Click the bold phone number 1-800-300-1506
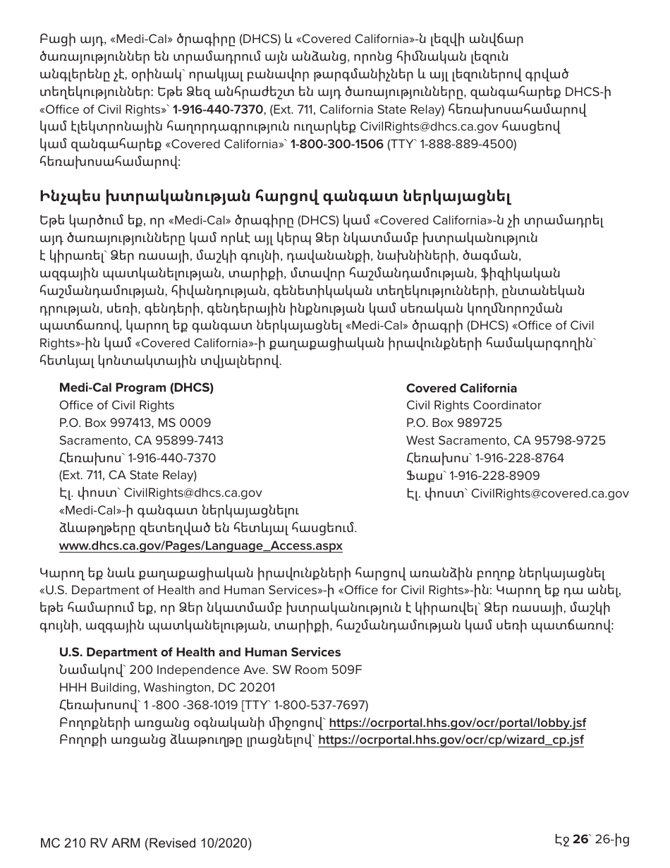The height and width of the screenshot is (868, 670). pyautogui.click(x=336, y=144)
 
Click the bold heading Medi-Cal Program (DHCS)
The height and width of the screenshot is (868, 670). pyautogui.click(x=136, y=387)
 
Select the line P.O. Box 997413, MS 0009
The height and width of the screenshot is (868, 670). pyautogui.click(x=135, y=423)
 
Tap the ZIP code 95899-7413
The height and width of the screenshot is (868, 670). pyautogui.click(x=193, y=440)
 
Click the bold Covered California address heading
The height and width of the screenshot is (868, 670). pyautogui.click(x=461, y=388)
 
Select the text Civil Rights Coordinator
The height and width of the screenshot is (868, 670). pyautogui.click(x=473, y=405)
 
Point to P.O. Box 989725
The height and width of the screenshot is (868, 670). pyautogui.click(x=454, y=423)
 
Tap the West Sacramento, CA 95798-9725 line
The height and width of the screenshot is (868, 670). pyautogui.click(x=506, y=440)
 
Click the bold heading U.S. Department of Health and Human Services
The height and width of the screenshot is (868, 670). pyautogui.click(x=200, y=652)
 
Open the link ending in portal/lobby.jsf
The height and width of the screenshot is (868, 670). pyautogui.click(x=458, y=723)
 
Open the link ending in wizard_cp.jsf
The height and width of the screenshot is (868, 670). pyautogui.click(x=451, y=740)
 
